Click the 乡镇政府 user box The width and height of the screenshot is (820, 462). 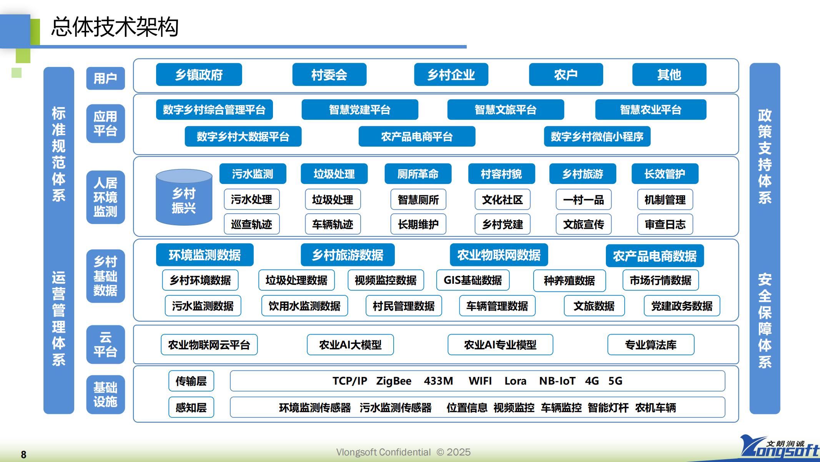pos(199,75)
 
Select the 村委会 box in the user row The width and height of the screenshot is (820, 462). pos(329,75)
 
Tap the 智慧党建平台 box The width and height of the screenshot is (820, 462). pos(359,110)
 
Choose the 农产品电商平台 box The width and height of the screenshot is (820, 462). pos(417,137)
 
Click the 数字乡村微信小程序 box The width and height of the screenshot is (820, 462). pos(597,137)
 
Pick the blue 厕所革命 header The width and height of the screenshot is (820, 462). pos(417,174)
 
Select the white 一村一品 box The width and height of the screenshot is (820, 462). pos(583,200)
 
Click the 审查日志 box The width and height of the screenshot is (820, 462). pos(665,224)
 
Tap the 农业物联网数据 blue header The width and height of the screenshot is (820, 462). pos(499,255)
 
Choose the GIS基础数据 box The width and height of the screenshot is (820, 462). pos(472,280)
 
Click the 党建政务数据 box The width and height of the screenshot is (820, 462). pos(682,306)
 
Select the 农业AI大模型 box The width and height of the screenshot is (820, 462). pos(350,345)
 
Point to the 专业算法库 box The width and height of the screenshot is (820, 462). pos(650,345)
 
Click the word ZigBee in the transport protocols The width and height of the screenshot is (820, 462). pos(394,381)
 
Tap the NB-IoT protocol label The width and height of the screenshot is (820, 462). pos(557,381)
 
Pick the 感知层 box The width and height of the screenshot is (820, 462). pos(191,407)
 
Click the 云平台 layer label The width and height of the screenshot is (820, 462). pos(105,345)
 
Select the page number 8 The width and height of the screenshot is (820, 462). pos(23,455)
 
